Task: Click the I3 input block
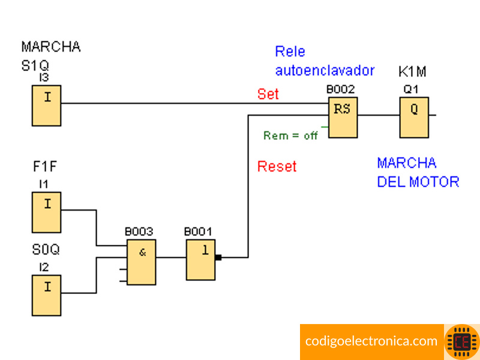[47, 105]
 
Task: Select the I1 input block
[47, 212]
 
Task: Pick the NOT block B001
[200, 259]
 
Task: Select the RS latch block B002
[342, 116]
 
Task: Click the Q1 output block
[415, 116]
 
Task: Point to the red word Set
[268, 94]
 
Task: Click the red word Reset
[277, 166]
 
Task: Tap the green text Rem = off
[290, 136]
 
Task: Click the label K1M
[412, 72]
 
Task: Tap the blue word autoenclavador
[325, 70]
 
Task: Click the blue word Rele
[290, 52]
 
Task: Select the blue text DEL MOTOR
[418, 181]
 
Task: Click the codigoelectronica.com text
[371, 341]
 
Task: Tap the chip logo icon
[462, 341]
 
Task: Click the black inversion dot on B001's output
[218, 257]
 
